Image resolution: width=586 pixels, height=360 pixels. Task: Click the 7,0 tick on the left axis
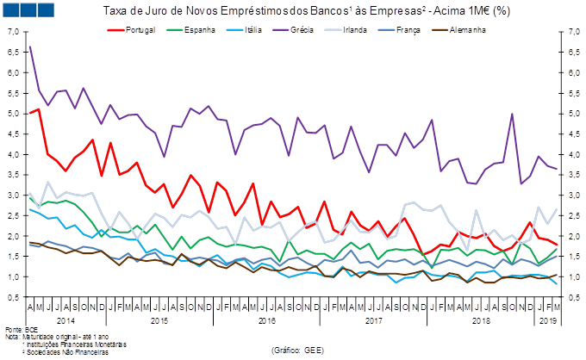point(15,32)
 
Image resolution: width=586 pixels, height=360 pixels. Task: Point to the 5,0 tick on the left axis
point(15,114)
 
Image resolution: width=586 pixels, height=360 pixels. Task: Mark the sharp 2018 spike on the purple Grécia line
point(512,114)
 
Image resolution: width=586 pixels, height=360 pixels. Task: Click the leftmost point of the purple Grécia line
point(30,46)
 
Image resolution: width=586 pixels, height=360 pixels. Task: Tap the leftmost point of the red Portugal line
point(30,113)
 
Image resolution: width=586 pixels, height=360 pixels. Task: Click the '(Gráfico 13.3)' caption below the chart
point(297,350)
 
